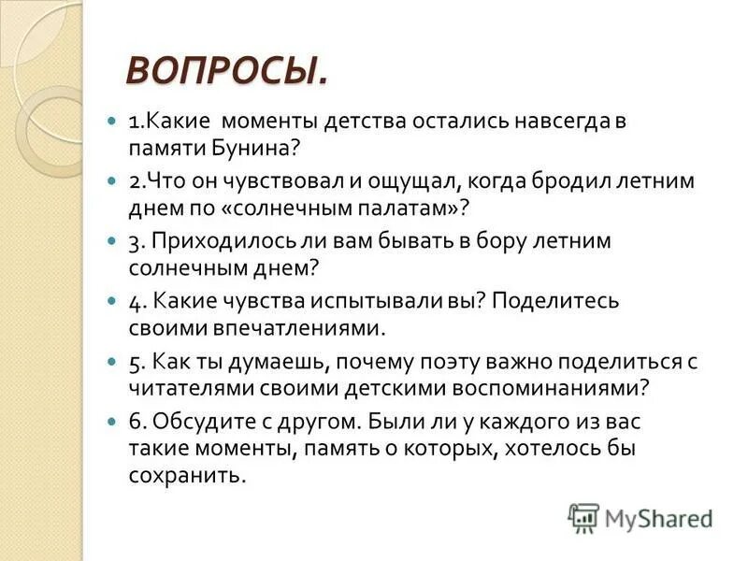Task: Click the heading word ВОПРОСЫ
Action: [227, 70]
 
